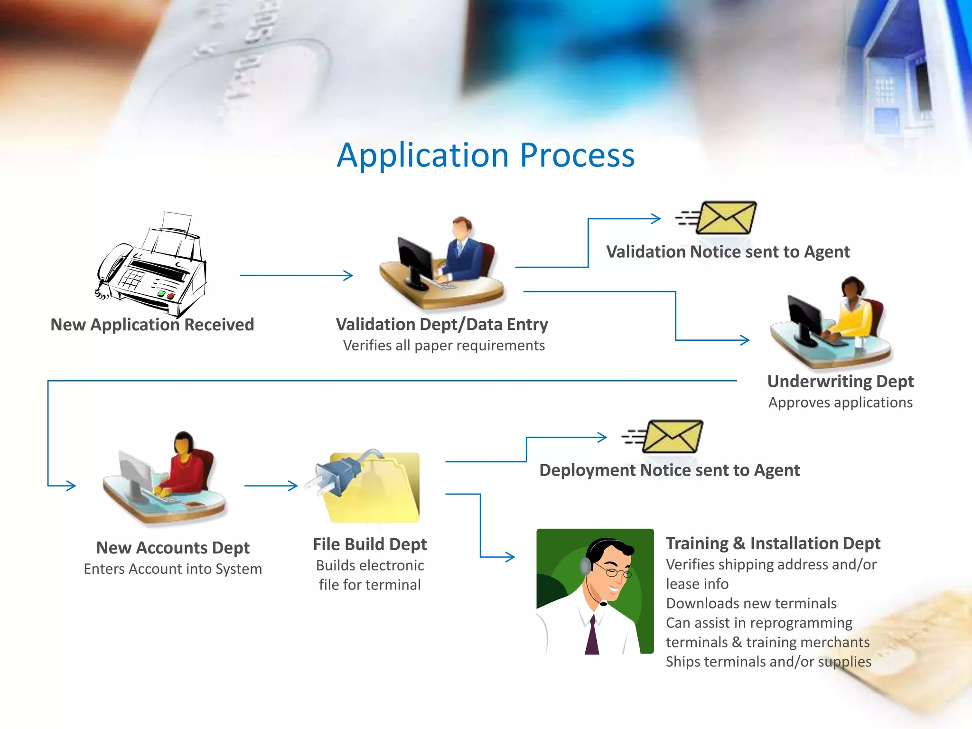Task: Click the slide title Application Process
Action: coord(486,155)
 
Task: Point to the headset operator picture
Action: coord(595,591)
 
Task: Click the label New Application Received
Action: coord(152,325)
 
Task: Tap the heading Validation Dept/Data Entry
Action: coord(442,324)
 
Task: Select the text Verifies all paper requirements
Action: coord(444,346)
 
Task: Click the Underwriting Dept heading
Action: coord(840,381)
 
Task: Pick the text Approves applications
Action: coord(840,402)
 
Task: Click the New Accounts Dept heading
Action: coord(173,548)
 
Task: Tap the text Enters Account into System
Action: coord(173,569)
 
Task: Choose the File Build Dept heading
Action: coord(370,544)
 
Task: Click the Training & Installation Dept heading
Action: coord(773,543)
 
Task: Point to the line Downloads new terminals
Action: coord(751,603)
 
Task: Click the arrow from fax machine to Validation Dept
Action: coord(296,275)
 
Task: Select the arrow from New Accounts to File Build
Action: coord(271,486)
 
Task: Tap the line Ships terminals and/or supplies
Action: coord(768,662)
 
